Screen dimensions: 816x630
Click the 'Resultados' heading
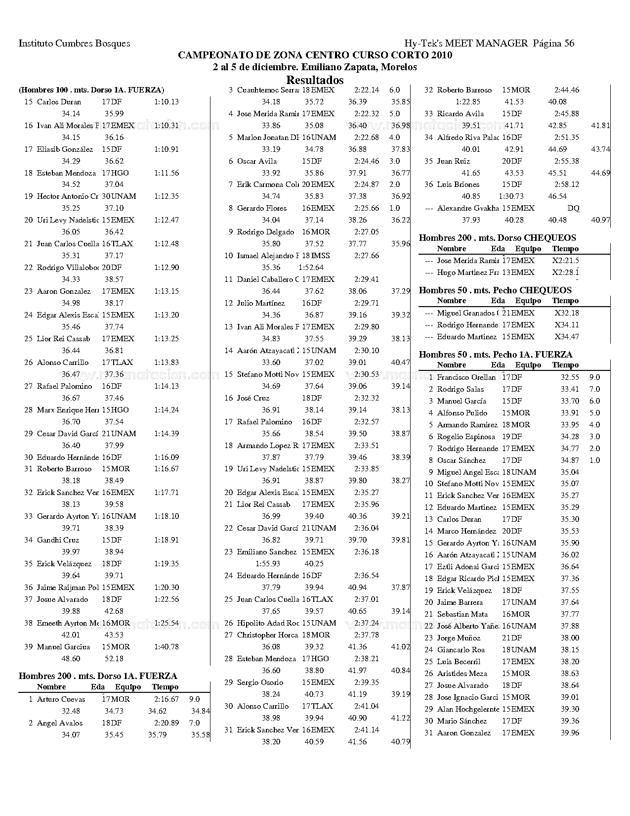(x=315, y=80)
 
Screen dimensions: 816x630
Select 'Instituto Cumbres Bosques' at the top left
(x=75, y=43)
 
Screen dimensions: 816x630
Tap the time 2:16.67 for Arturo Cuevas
(x=166, y=699)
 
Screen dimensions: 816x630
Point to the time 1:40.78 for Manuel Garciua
(x=166, y=647)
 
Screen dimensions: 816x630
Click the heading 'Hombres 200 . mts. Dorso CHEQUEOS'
(x=497, y=238)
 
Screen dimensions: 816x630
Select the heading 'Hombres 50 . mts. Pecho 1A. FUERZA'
(x=496, y=355)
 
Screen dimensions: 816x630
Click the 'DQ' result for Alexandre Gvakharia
(x=573, y=208)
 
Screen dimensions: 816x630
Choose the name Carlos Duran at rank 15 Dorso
(x=59, y=102)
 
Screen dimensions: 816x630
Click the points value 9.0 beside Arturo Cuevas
(x=194, y=699)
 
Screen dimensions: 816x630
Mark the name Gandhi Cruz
(x=58, y=540)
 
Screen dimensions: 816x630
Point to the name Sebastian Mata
(x=459, y=614)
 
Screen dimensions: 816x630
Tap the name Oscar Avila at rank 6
(x=256, y=161)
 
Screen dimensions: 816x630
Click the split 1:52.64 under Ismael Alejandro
(x=311, y=268)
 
